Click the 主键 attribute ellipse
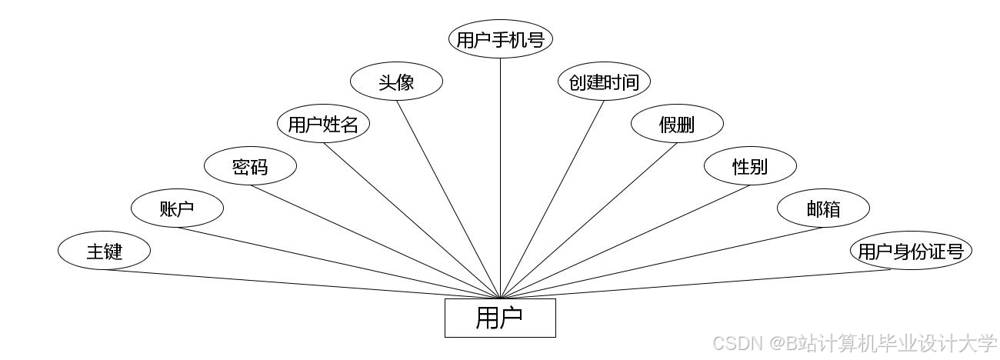(104, 251)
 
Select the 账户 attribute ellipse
(177, 208)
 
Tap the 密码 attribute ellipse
(250, 166)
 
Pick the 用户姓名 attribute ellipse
(323, 124)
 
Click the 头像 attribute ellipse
(396, 82)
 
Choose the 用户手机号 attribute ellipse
(501, 39)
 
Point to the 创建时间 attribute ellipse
(604, 82)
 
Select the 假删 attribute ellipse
(677, 124)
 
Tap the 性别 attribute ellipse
(750, 166)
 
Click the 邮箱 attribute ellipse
(823, 208)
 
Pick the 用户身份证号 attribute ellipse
(911, 252)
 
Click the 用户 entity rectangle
(500, 318)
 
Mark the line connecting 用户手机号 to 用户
(501, 177)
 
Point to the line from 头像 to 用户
(448, 199)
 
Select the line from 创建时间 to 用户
(552, 199)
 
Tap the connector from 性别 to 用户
(625, 242)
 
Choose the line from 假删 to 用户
(588, 220)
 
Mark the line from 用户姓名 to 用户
(412, 220)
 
